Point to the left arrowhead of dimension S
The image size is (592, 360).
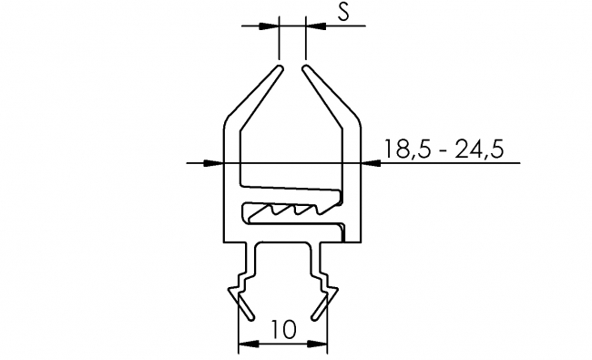(x=271, y=26)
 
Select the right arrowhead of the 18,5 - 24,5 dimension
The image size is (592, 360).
(x=369, y=163)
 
